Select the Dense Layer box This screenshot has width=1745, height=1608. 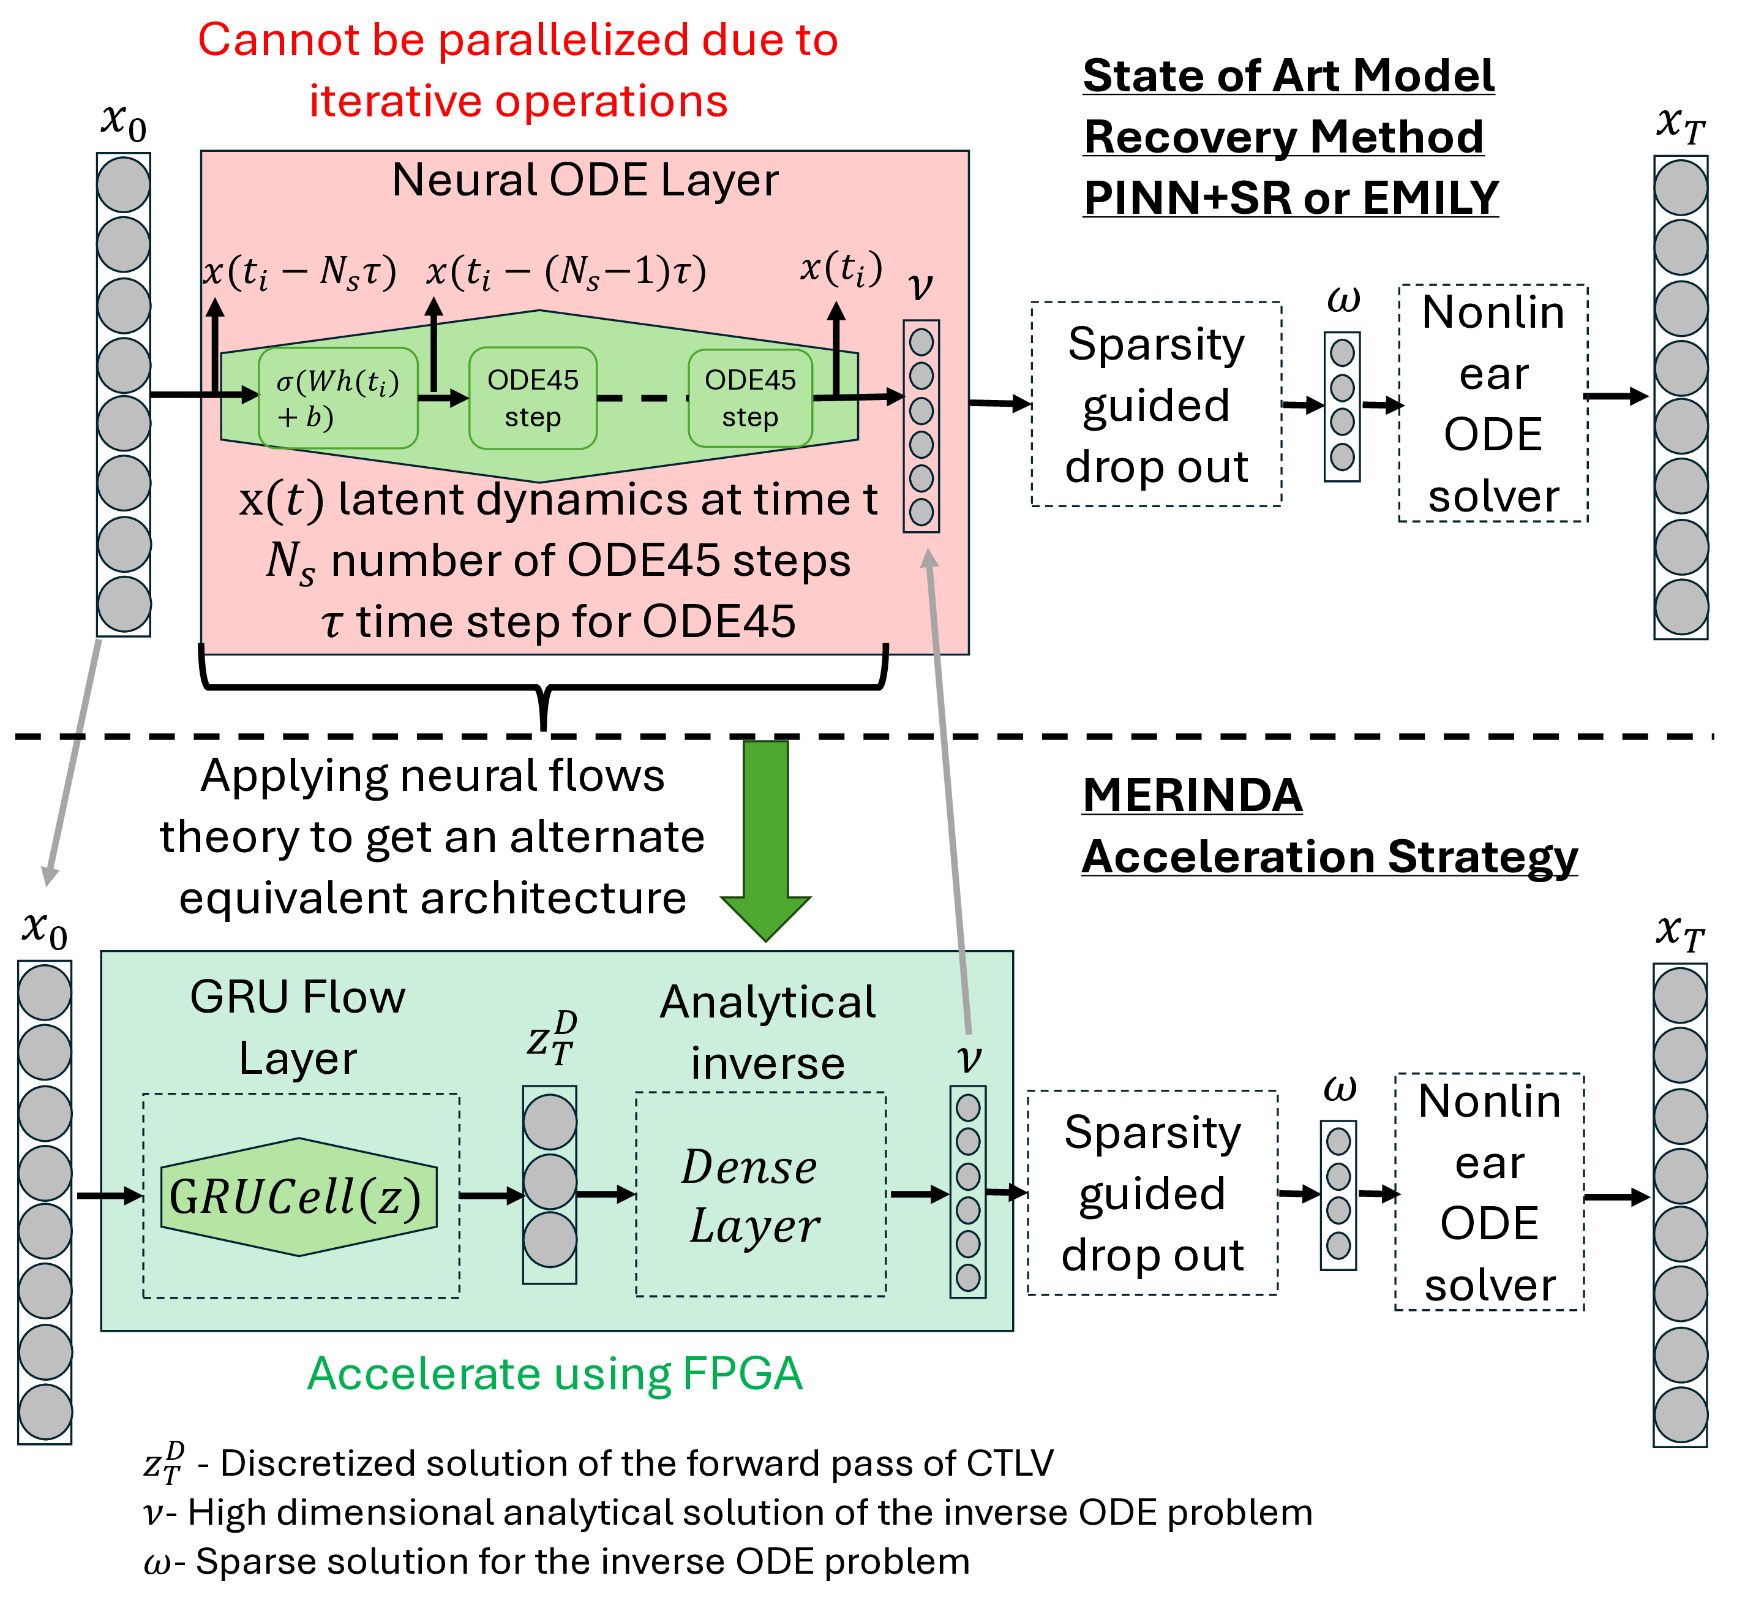click(760, 1194)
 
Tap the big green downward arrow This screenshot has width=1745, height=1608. click(765, 836)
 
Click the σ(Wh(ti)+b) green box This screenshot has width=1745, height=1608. click(339, 399)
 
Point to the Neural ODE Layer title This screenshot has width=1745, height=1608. click(585, 180)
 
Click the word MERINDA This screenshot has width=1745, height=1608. click(1191, 795)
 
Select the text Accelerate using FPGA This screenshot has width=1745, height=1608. click(554, 1374)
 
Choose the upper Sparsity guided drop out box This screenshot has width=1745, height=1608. click(1156, 405)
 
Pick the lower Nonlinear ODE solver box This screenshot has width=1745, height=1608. click(1489, 1192)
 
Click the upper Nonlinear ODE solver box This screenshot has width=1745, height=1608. click(1493, 404)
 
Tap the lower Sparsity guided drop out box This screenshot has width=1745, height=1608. click(1152, 1193)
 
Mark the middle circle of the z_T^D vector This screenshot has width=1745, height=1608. click(550, 1182)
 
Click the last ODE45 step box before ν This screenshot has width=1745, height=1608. click(750, 399)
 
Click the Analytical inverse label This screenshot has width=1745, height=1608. click(767, 1032)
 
